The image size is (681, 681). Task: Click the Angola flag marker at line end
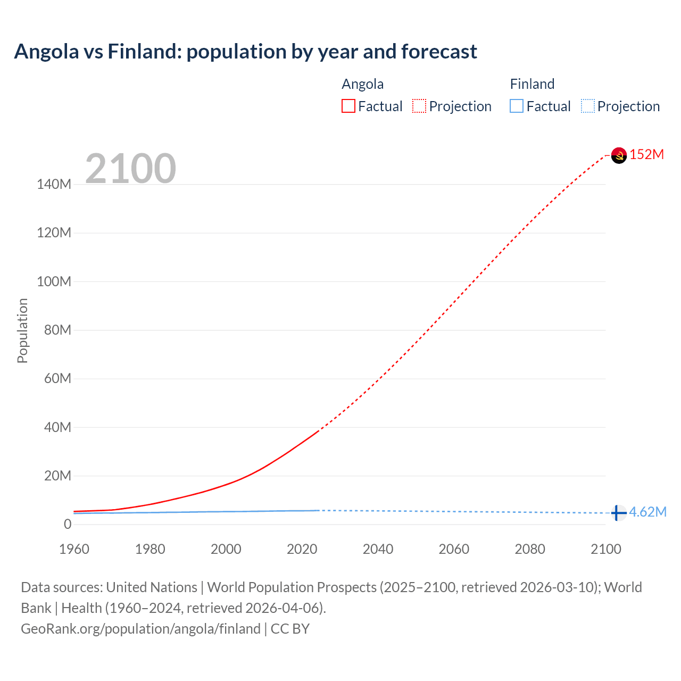619,155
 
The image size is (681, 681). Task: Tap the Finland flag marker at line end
618,513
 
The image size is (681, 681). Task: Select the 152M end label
646,155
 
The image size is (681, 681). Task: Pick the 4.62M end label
647,512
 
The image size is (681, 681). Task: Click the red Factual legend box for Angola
348,106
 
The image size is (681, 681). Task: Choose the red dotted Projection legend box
419,106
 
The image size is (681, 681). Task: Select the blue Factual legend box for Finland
516,106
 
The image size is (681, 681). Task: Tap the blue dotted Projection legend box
587,106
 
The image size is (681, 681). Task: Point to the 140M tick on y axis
54,185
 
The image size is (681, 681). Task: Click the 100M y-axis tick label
54,281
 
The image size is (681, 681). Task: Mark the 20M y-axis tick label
57,476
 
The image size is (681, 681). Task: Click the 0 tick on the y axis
67,524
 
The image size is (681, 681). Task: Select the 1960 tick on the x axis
74,549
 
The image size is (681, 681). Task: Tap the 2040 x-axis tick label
378,549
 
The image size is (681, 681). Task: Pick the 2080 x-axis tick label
530,549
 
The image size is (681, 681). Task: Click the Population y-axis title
22,330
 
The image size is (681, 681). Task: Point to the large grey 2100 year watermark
130,169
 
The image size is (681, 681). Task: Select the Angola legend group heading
362,84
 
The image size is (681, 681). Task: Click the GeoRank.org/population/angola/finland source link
140,629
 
